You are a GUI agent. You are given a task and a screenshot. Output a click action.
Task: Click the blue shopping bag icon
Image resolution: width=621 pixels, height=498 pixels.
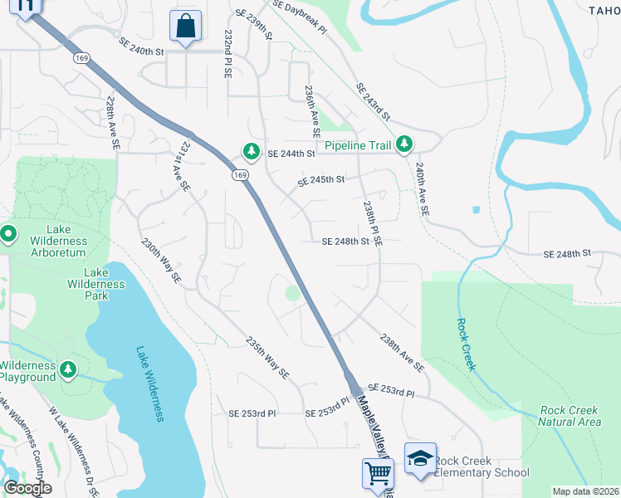184,25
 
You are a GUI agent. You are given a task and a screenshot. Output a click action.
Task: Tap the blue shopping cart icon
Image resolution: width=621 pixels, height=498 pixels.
377,473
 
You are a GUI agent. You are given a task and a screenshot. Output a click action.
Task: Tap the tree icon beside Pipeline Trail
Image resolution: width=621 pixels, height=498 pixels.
404,144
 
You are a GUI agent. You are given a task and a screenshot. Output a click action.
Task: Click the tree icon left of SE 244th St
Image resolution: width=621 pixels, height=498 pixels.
251,151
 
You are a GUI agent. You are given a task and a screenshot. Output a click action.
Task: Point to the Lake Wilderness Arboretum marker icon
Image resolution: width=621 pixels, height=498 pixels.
8,234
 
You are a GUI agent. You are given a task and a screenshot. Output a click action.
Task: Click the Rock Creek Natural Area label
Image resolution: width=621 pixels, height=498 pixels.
570,416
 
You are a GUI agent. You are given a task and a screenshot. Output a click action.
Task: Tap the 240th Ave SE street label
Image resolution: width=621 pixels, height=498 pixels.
422,189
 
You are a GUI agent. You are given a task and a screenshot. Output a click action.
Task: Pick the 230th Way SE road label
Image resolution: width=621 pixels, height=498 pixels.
161,263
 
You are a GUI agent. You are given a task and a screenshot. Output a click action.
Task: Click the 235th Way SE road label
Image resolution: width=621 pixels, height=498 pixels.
267,358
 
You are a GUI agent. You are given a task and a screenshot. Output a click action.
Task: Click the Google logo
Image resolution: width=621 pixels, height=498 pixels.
27,488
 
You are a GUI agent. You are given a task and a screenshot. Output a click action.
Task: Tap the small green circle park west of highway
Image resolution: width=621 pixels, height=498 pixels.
292,292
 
